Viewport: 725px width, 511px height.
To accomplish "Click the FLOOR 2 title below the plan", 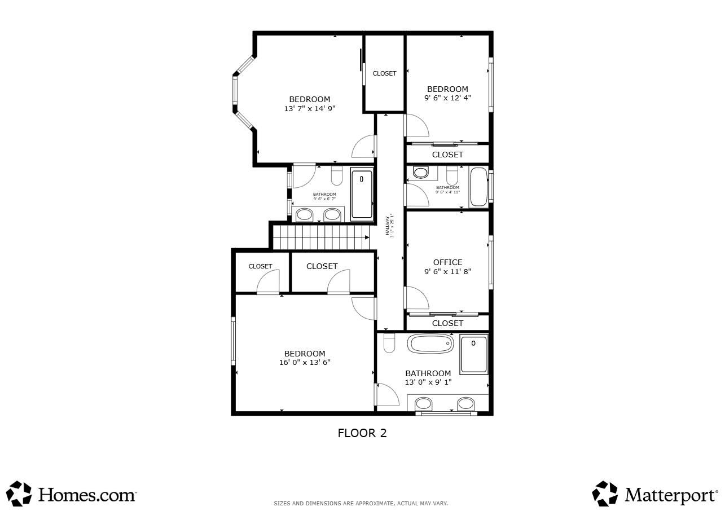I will pos(362,433).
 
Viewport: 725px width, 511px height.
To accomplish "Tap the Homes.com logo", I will pos(72,494).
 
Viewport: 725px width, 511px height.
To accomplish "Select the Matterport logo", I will pos(655,494).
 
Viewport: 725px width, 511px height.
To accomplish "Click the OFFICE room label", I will pos(447,262).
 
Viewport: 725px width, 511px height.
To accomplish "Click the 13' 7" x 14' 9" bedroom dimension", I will pos(310,109).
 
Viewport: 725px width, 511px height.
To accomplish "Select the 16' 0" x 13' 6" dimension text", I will pos(304,363).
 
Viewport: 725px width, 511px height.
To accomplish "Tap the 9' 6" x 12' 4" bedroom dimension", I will pos(447,98).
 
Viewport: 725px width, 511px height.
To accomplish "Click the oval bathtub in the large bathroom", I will pos(431,343).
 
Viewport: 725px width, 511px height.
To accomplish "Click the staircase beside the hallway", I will pos(320,237).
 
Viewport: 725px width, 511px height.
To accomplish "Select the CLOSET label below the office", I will pos(447,323).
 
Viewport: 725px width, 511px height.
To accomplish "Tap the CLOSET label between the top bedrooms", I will pos(384,73).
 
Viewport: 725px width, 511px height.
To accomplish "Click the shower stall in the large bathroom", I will pos(473,354).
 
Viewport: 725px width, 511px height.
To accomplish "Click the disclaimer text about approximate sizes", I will pos(361,503).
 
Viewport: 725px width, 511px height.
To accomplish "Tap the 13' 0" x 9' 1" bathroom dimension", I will pos(428,382).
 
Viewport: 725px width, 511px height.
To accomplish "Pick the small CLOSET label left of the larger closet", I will pos(260,266).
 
